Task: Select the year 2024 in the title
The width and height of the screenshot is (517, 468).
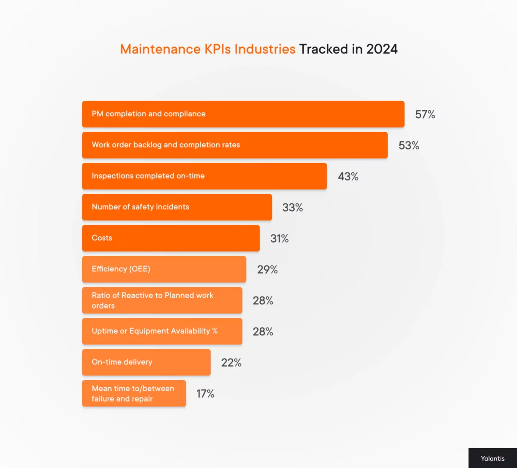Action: (x=382, y=49)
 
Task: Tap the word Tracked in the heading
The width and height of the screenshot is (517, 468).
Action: (x=324, y=49)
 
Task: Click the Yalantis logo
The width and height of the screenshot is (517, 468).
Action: (x=492, y=458)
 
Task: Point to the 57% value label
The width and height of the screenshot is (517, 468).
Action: (x=425, y=115)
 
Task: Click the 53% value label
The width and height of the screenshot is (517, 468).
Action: (x=408, y=146)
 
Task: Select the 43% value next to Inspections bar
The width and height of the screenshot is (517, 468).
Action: (x=348, y=177)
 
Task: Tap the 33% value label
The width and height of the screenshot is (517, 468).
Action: (x=293, y=208)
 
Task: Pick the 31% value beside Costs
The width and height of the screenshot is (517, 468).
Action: (x=279, y=239)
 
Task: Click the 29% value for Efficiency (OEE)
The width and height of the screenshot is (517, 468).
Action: (x=267, y=270)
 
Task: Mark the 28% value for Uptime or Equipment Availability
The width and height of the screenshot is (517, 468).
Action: (x=263, y=332)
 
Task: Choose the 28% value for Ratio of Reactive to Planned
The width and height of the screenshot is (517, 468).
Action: (x=263, y=301)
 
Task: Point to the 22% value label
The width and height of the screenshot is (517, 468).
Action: (x=231, y=363)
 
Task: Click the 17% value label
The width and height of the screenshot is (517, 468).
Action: (x=205, y=394)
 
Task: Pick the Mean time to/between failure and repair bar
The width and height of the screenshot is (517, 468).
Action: (x=134, y=393)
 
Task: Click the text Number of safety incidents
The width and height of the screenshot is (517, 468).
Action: (x=140, y=207)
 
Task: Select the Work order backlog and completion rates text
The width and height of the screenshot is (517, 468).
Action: (x=166, y=145)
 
